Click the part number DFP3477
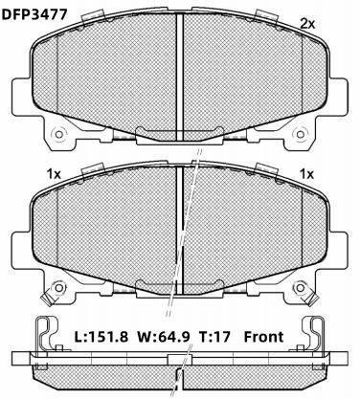[x=34, y=14]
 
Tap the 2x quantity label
[x=307, y=24]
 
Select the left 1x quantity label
[x=54, y=174]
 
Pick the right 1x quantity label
[x=306, y=174]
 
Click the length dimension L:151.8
[x=101, y=337]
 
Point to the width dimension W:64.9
[x=164, y=337]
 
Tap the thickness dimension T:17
[x=214, y=337]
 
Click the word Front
[x=263, y=337]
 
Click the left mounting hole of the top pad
[x=58, y=134]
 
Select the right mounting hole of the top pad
[x=300, y=134]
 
